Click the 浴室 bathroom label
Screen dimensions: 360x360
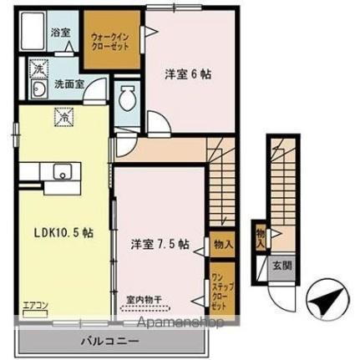(60, 33)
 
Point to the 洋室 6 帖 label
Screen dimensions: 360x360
(188, 74)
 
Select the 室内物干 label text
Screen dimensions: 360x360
(143, 298)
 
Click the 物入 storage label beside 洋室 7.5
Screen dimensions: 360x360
(222, 244)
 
